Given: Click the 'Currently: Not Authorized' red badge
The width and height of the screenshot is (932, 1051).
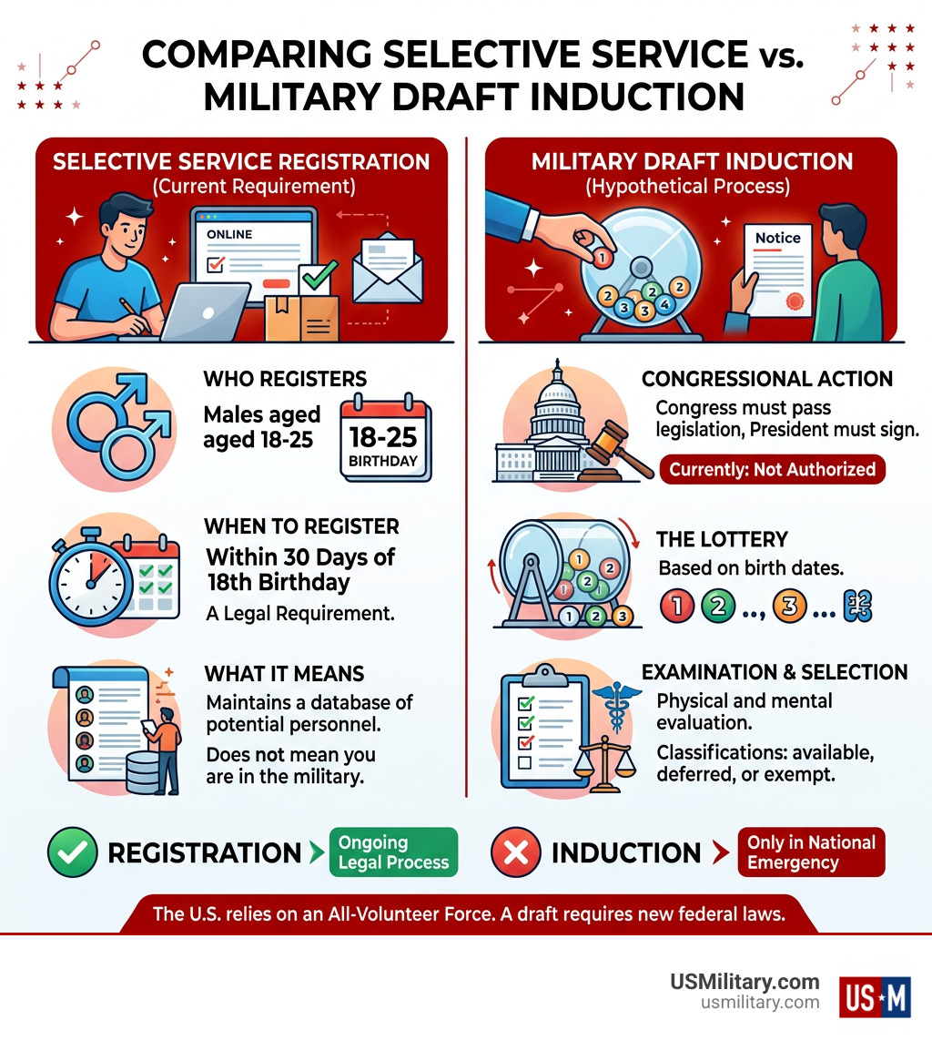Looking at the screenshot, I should click(x=772, y=469).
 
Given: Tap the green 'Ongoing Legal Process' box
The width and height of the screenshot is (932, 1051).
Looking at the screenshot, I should click(x=393, y=852).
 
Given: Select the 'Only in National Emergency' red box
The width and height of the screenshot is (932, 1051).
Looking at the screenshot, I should click(x=810, y=852).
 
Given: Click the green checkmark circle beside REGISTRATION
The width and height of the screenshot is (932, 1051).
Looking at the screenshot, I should click(x=72, y=852).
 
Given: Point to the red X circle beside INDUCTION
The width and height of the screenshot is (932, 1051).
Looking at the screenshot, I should click(x=516, y=852).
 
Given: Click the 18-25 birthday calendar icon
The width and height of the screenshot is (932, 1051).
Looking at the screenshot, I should click(x=385, y=440).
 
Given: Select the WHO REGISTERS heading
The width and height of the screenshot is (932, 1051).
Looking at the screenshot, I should click(x=285, y=379).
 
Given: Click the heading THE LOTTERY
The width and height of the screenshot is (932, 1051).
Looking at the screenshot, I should click(x=722, y=539).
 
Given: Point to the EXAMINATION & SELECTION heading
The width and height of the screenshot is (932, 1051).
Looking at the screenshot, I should click(x=775, y=672).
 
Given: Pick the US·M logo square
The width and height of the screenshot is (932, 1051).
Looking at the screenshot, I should click(x=875, y=996).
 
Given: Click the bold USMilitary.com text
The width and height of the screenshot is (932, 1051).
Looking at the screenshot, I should click(x=745, y=982).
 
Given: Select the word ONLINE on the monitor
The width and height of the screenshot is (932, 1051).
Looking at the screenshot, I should click(x=229, y=234).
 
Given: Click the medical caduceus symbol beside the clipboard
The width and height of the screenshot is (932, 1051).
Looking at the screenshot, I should click(x=616, y=707).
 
